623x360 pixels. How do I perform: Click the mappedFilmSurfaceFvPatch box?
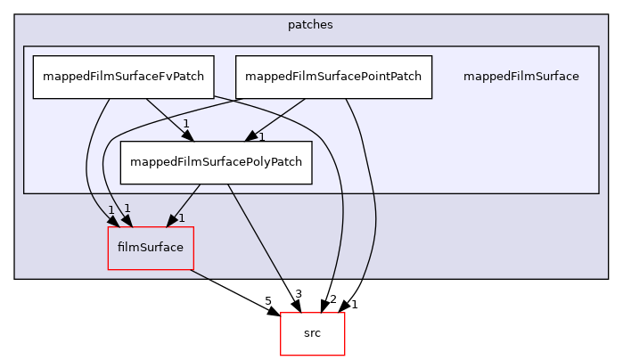(122, 77)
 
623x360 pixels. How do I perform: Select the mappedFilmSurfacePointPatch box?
(333, 77)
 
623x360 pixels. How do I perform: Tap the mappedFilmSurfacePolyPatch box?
(216, 162)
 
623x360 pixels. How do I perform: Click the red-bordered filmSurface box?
(150, 248)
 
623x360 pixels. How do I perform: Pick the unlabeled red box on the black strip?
(312, 333)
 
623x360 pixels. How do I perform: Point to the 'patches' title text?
(310, 25)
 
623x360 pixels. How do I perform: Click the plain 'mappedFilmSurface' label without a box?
(521, 77)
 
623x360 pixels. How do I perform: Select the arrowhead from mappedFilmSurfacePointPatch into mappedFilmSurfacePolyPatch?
(252, 135)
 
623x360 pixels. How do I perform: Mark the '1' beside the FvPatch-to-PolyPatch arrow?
(185, 123)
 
